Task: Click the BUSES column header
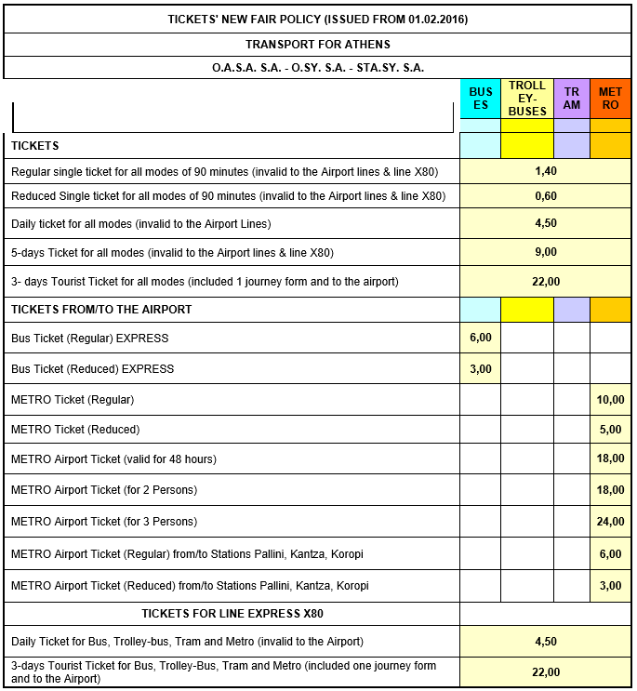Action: tap(481, 99)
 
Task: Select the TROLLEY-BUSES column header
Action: tap(527, 99)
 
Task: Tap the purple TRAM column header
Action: tap(572, 99)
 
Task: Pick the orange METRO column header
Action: tap(610, 99)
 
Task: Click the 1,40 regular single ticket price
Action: tap(546, 171)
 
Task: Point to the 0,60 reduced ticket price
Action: tap(546, 196)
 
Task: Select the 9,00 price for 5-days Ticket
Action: tap(546, 252)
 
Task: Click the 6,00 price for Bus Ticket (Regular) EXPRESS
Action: tap(481, 338)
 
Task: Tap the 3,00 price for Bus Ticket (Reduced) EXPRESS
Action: tap(481, 368)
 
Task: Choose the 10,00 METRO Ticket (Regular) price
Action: tap(610, 400)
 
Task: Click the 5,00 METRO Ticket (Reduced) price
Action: tap(610, 430)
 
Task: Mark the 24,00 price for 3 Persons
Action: tap(610, 522)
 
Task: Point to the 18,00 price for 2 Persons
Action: tap(610, 490)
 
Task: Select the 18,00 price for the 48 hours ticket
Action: tap(610, 459)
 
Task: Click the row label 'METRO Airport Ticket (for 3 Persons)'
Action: tap(104, 522)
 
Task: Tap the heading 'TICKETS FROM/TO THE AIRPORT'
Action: tap(101, 309)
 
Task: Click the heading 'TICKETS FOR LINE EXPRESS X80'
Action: tap(232, 614)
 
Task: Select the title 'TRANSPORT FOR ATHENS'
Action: tap(318, 45)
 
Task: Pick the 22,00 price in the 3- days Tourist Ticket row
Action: tap(546, 281)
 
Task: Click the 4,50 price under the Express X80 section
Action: tap(546, 641)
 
